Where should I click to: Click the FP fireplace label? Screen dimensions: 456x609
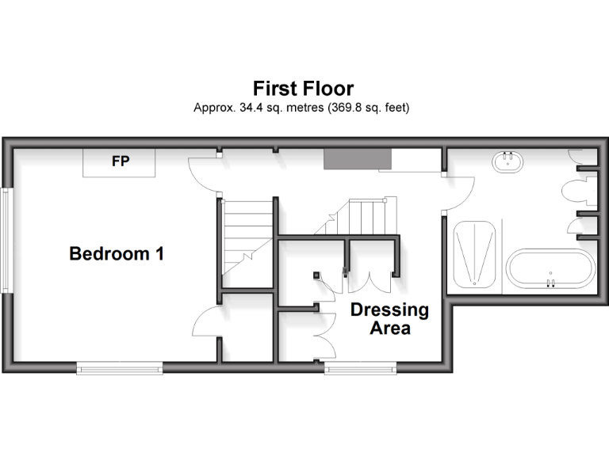click(120, 161)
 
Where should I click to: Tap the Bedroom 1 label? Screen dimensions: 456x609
click(117, 254)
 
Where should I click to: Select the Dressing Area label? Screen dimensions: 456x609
click(389, 318)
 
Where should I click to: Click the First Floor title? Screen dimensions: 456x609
click(303, 88)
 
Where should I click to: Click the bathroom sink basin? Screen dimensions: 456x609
click(507, 162)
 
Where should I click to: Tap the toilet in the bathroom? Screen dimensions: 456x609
click(573, 191)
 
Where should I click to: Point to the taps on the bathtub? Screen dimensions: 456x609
click(550, 281)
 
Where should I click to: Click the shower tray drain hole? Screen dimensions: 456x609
click(475, 283)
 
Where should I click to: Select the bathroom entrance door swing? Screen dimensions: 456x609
click(458, 187)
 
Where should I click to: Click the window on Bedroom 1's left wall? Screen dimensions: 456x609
click(6, 240)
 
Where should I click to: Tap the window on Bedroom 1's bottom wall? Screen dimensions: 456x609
click(120, 367)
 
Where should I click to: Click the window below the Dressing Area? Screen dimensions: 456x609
click(360, 367)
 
